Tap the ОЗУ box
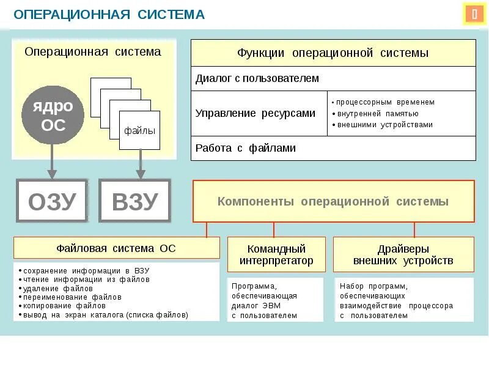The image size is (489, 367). [x=53, y=200]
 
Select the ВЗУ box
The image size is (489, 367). [x=135, y=200]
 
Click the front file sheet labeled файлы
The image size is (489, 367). [x=139, y=130]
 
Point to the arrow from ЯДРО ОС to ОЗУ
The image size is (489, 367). [x=53, y=162]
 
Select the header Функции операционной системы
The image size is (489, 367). [x=333, y=53]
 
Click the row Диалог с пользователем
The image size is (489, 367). [x=333, y=78]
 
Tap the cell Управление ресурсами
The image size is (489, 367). [x=259, y=113]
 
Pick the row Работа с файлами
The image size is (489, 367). [x=333, y=148]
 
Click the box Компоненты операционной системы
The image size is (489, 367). [x=333, y=201]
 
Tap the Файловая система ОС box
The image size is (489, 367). [x=116, y=248]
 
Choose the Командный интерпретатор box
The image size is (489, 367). [x=276, y=254]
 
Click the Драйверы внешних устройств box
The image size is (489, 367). [x=403, y=254]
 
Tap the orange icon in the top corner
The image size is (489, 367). [x=474, y=14]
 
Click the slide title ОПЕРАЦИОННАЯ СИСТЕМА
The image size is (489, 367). [x=109, y=14]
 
